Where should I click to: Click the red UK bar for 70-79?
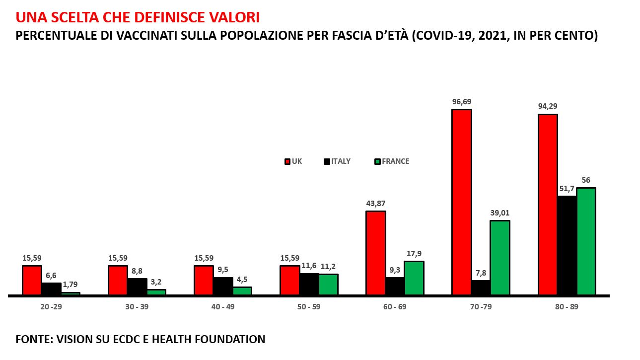click(461, 202)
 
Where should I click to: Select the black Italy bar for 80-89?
click(567, 245)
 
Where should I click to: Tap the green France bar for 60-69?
click(414, 278)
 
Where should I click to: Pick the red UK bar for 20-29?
click(32, 281)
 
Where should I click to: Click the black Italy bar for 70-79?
click(480, 288)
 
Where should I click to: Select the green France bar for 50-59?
click(328, 285)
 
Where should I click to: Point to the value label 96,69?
click(461, 102)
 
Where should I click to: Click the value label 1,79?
click(71, 285)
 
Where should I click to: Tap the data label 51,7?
click(567, 189)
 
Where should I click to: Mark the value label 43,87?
click(375, 203)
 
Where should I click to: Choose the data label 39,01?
click(499, 213)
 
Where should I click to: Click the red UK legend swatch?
click(287, 161)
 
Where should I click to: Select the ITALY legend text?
click(341, 161)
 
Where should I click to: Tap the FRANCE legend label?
click(395, 161)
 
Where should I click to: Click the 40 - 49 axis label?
click(223, 307)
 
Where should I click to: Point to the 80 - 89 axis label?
click(567, 307)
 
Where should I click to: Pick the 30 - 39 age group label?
click(137, 307)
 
